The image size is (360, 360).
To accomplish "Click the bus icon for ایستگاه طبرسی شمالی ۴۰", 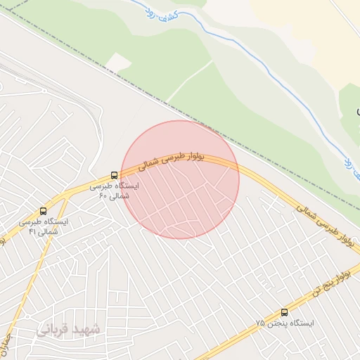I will [114, 175].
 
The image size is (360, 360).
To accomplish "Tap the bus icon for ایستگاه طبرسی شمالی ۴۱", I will [44, 210].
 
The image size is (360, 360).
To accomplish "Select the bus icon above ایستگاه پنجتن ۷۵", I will [284, 312].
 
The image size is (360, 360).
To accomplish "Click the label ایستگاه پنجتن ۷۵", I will [284, 323].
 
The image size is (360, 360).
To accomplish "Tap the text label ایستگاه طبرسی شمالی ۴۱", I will [44, 226].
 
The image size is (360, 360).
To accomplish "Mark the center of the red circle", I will [180, 179].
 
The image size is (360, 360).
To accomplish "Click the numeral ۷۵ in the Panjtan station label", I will [260, 323].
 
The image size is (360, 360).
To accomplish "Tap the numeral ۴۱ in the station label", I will [32, 231].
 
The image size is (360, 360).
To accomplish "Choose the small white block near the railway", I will [118, 63].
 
